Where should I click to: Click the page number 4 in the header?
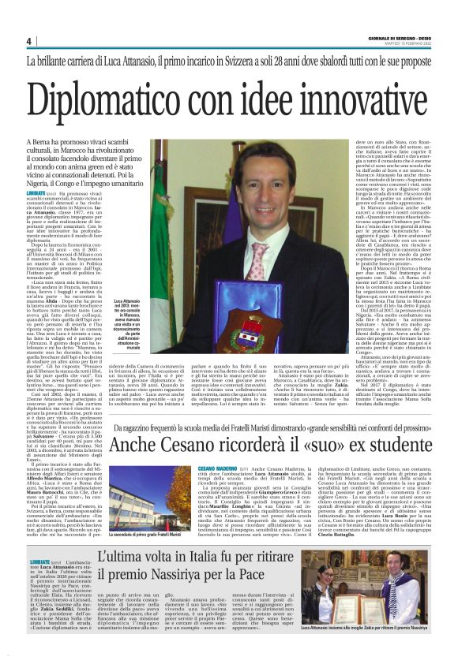coord(28,41)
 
